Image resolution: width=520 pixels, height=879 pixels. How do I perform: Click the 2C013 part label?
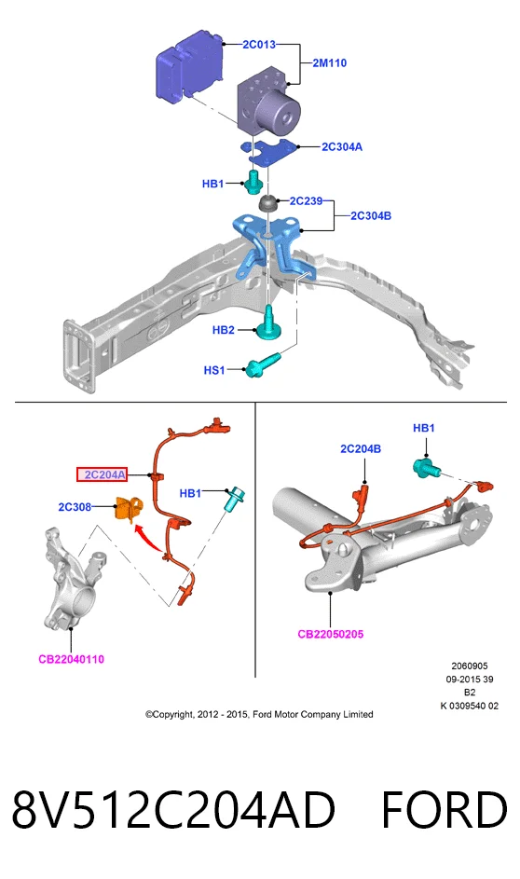(259, 44)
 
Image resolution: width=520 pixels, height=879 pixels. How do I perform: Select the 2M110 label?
(330, 62)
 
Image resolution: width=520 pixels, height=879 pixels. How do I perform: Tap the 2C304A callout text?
(342, 147)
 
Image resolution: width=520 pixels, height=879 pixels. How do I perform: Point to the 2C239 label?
(306, 200)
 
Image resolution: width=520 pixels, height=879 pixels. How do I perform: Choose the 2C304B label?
(371, 216)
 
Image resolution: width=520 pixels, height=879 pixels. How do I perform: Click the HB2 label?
(223, 330)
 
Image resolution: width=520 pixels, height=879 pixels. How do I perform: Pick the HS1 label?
(214, 370)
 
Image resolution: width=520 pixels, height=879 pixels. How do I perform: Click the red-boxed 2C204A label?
(102, 474)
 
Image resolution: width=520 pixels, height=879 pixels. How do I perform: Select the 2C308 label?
(75, 507)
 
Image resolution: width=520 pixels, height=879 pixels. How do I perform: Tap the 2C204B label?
(361, 448)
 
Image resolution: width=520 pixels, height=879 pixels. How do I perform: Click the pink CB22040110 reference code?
(71, 659)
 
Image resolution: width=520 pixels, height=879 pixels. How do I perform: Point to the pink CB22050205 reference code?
(331, 634)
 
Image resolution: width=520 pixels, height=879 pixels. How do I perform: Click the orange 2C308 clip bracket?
(129, 509)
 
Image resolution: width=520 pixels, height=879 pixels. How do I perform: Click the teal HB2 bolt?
(268, 324)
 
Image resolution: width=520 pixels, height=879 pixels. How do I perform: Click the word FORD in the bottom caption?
(444, 809)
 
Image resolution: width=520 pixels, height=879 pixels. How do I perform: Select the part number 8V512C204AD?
(173, 809)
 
